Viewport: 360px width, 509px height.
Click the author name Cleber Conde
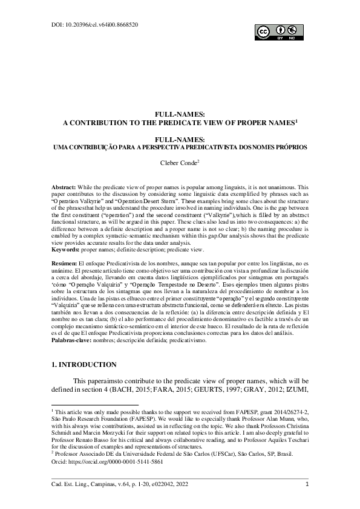point(178,163)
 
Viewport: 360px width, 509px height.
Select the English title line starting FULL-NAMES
point(180,113)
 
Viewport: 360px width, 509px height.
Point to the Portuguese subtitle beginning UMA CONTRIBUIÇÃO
point(180,147)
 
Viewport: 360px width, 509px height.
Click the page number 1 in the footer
point(308,483)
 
